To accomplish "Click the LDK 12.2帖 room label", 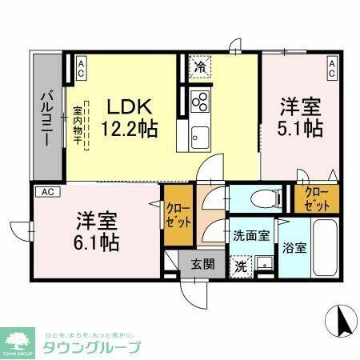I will pos(128,117).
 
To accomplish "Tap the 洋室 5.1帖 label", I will pos(300,117).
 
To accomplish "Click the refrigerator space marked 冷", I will pos(198,68).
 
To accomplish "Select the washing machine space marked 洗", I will pos(240,266).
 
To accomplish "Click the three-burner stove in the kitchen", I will pos(199,102).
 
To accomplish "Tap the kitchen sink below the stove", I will pos(199,134).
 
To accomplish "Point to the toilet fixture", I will pos(261,198).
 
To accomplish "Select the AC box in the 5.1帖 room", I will pos(331,66).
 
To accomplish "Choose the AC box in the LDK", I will pos(81,66).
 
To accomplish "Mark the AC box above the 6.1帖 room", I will pos(47,192).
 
